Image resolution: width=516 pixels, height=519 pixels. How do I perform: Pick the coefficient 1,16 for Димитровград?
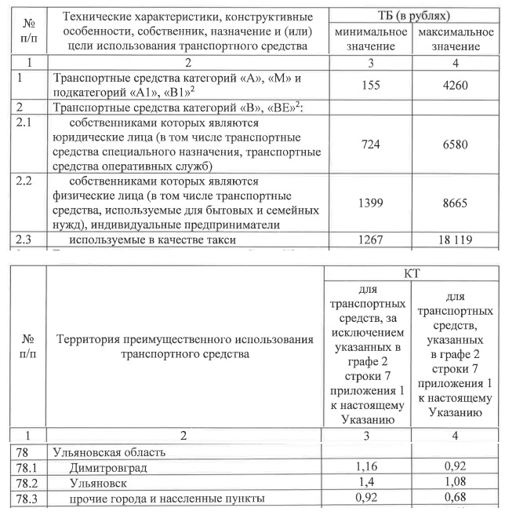tap(368, 469)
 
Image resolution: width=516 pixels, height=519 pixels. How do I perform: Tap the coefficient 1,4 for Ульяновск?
tap(368, 483)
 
